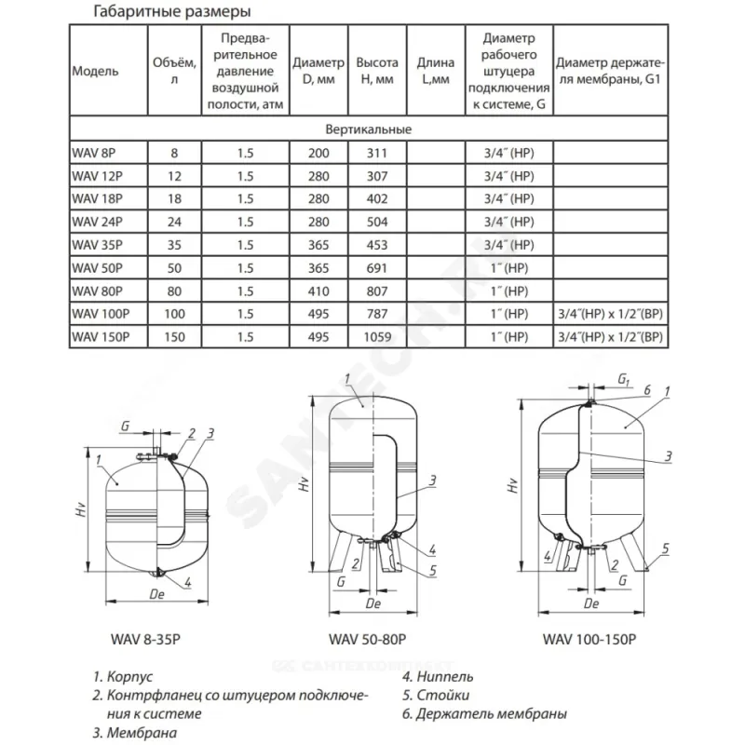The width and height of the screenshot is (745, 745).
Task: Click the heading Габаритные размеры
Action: pos(172,12)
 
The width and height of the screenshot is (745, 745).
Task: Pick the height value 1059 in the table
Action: pos(377,337)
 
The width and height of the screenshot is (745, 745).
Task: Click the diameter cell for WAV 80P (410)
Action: pos(318,291)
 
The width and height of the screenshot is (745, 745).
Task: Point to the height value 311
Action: pos(377,153)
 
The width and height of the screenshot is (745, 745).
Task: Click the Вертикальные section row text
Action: pos(369,129)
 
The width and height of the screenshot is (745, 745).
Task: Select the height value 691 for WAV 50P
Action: pos(377,267)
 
